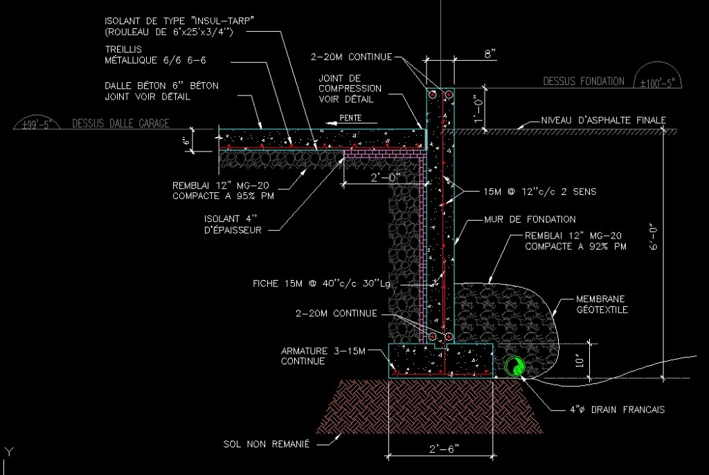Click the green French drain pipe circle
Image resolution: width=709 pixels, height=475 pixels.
[514, 366]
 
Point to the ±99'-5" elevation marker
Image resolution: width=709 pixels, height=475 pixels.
[38, 125]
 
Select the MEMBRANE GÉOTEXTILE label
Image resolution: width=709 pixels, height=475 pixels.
[600, 304]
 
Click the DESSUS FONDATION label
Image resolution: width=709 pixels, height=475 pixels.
[583, 82]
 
